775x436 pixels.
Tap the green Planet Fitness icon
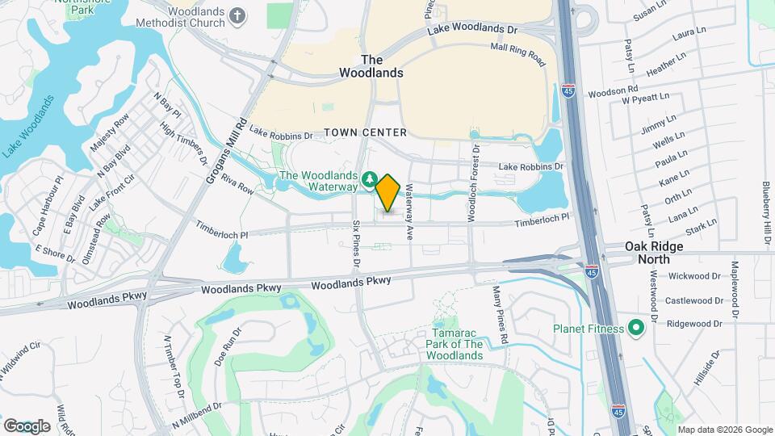(635, 328)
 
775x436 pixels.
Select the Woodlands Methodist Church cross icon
(237, 15)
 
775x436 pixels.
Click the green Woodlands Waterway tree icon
(369, 178)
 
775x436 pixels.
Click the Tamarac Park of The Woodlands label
(455, 345)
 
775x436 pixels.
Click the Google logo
(27, 426)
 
